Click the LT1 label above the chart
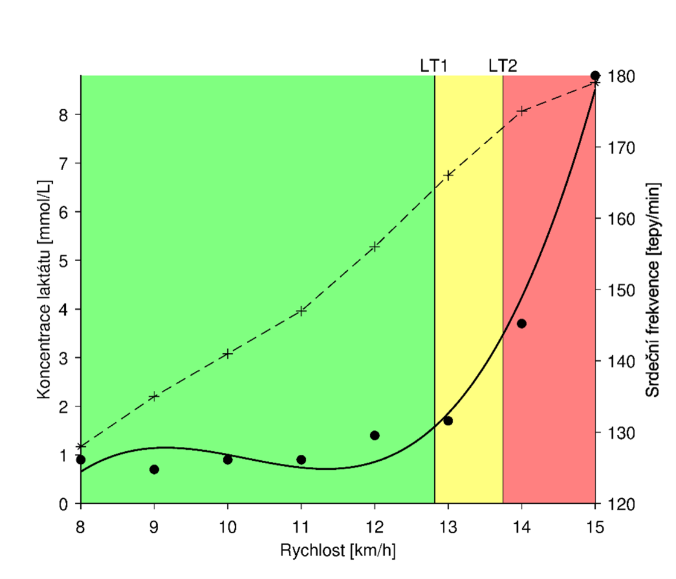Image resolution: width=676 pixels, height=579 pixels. (434, 65)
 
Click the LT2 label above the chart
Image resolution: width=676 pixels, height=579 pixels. (503, 65)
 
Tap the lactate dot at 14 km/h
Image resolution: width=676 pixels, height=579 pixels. (521, 323)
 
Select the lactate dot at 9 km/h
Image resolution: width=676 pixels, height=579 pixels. (154, 469)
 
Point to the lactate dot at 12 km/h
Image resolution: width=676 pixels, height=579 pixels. (374, 435)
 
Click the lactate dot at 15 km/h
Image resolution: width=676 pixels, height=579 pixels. (595, 75)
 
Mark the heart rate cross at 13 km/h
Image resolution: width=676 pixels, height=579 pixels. (448, 175)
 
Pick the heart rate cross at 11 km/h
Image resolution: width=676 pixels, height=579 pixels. (301, 311)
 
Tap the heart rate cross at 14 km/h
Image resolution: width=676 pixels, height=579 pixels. (521, 110)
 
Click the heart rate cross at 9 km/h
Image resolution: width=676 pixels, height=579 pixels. (154, 396)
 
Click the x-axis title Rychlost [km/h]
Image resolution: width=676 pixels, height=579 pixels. (337, 550)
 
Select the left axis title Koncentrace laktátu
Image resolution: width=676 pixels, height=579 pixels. (43, 289)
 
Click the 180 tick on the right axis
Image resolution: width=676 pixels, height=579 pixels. (620, 76)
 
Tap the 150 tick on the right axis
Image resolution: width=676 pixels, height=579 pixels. (620, 290)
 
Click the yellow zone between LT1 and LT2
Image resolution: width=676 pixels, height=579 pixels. (468, 289)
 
